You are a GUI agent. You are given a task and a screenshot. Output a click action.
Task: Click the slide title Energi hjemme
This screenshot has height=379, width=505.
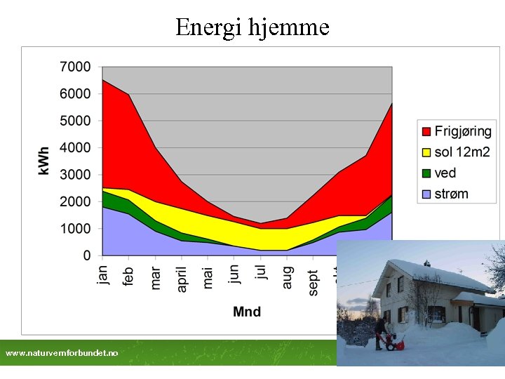point(252,27)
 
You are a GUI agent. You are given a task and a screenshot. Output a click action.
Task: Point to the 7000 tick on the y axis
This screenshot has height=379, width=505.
point(75,67)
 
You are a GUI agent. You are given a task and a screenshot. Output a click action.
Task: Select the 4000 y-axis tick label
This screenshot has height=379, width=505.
point(75,147)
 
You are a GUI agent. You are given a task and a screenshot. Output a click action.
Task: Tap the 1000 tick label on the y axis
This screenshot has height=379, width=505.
point(75,229)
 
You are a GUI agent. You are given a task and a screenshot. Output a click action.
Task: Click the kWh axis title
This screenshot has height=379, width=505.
point(44,161)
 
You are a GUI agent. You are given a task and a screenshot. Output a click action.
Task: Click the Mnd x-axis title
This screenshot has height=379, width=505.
point(247,312)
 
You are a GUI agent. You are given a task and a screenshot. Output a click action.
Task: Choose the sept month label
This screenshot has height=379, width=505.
point(313,282)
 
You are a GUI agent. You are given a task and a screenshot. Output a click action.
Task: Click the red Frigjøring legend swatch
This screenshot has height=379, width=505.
point(426,131)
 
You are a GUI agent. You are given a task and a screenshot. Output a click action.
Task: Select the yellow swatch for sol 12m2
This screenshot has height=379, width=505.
point(426,152)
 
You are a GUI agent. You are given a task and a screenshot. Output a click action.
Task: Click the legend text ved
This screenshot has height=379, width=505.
point(445,173)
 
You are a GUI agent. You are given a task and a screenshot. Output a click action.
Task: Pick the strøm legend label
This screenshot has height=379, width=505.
point(451,194)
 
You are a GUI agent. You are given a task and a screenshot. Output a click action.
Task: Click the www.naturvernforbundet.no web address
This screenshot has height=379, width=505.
point(62,353)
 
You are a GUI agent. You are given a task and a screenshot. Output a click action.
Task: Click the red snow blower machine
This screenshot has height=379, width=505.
point(395,343)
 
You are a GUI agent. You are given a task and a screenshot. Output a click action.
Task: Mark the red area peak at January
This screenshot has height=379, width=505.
point(104,81)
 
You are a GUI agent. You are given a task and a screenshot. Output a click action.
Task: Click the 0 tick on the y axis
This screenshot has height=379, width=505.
point(87,255)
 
